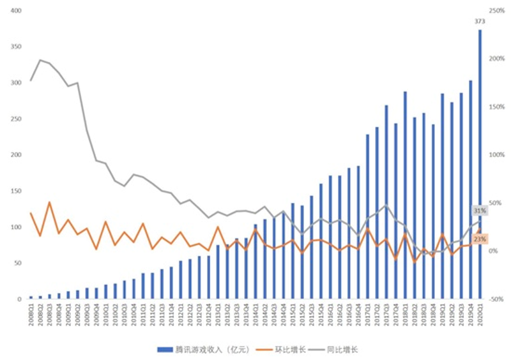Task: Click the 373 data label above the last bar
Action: (480, 21)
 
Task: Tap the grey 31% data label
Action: (480, 211)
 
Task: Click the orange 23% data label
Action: (480, 239)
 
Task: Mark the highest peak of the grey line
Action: (40, 60)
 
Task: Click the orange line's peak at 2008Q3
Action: (50, 202)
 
